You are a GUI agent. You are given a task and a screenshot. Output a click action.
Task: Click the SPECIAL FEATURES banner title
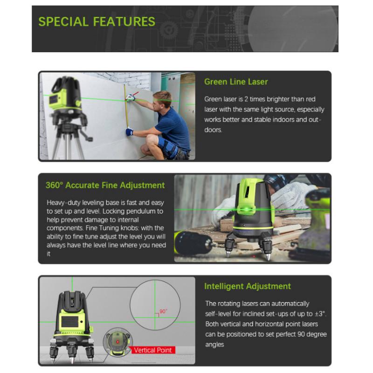pos(97,22)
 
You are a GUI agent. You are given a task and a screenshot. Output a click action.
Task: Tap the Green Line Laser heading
pos(236,82)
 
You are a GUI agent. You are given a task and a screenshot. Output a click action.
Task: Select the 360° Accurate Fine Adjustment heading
pos(105,185)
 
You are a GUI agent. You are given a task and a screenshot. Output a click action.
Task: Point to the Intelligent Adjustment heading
pos(247,286)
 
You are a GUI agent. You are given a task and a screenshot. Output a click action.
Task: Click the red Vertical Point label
pos(153,350)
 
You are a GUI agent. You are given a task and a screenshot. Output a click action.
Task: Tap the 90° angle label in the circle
pos(163,311)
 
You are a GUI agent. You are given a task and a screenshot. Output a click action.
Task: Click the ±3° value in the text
pos(320,314)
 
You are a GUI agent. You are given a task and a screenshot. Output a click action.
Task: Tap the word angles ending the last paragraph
pos(215,345)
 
